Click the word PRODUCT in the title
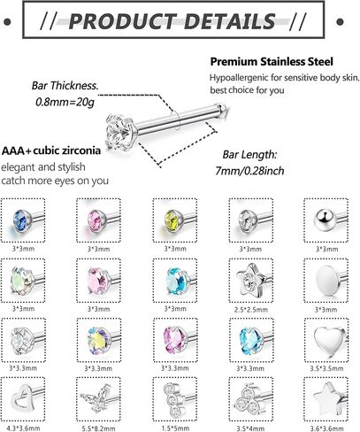click(x=122, y=21)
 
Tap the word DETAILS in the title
click(x=229, y=21)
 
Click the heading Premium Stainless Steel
click(x=272, y=62)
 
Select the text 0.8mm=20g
click(x=65, y=102)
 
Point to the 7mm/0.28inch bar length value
click(x=249, y=171)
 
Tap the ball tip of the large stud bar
click(x=223, y=108)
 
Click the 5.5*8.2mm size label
click(x=98, y=428)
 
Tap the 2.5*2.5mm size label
click(x=251, y=310)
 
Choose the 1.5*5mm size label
click(x=175, y=428)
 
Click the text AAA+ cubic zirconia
click(x=51, y=150)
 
